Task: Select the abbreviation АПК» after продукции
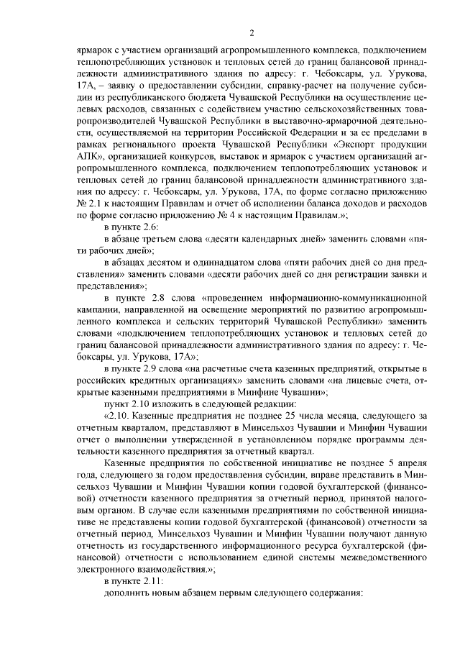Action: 91,158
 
